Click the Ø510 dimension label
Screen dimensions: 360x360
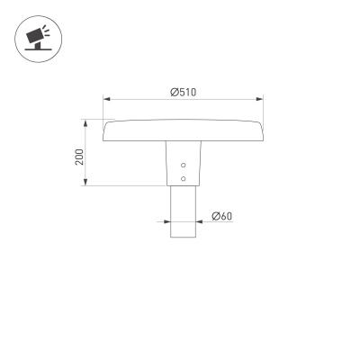(184, 91)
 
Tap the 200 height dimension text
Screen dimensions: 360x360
(79, 157)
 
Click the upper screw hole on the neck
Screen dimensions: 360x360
(184, 166)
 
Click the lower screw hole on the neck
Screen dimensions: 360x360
(184, 178)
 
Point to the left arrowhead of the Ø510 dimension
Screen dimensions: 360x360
(106, 99)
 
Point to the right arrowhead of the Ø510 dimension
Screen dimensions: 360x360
(260, 99)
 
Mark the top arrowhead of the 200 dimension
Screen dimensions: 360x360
(86, 121)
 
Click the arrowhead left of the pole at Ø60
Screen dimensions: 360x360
(166, 222)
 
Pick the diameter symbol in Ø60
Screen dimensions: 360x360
(215, 216)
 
